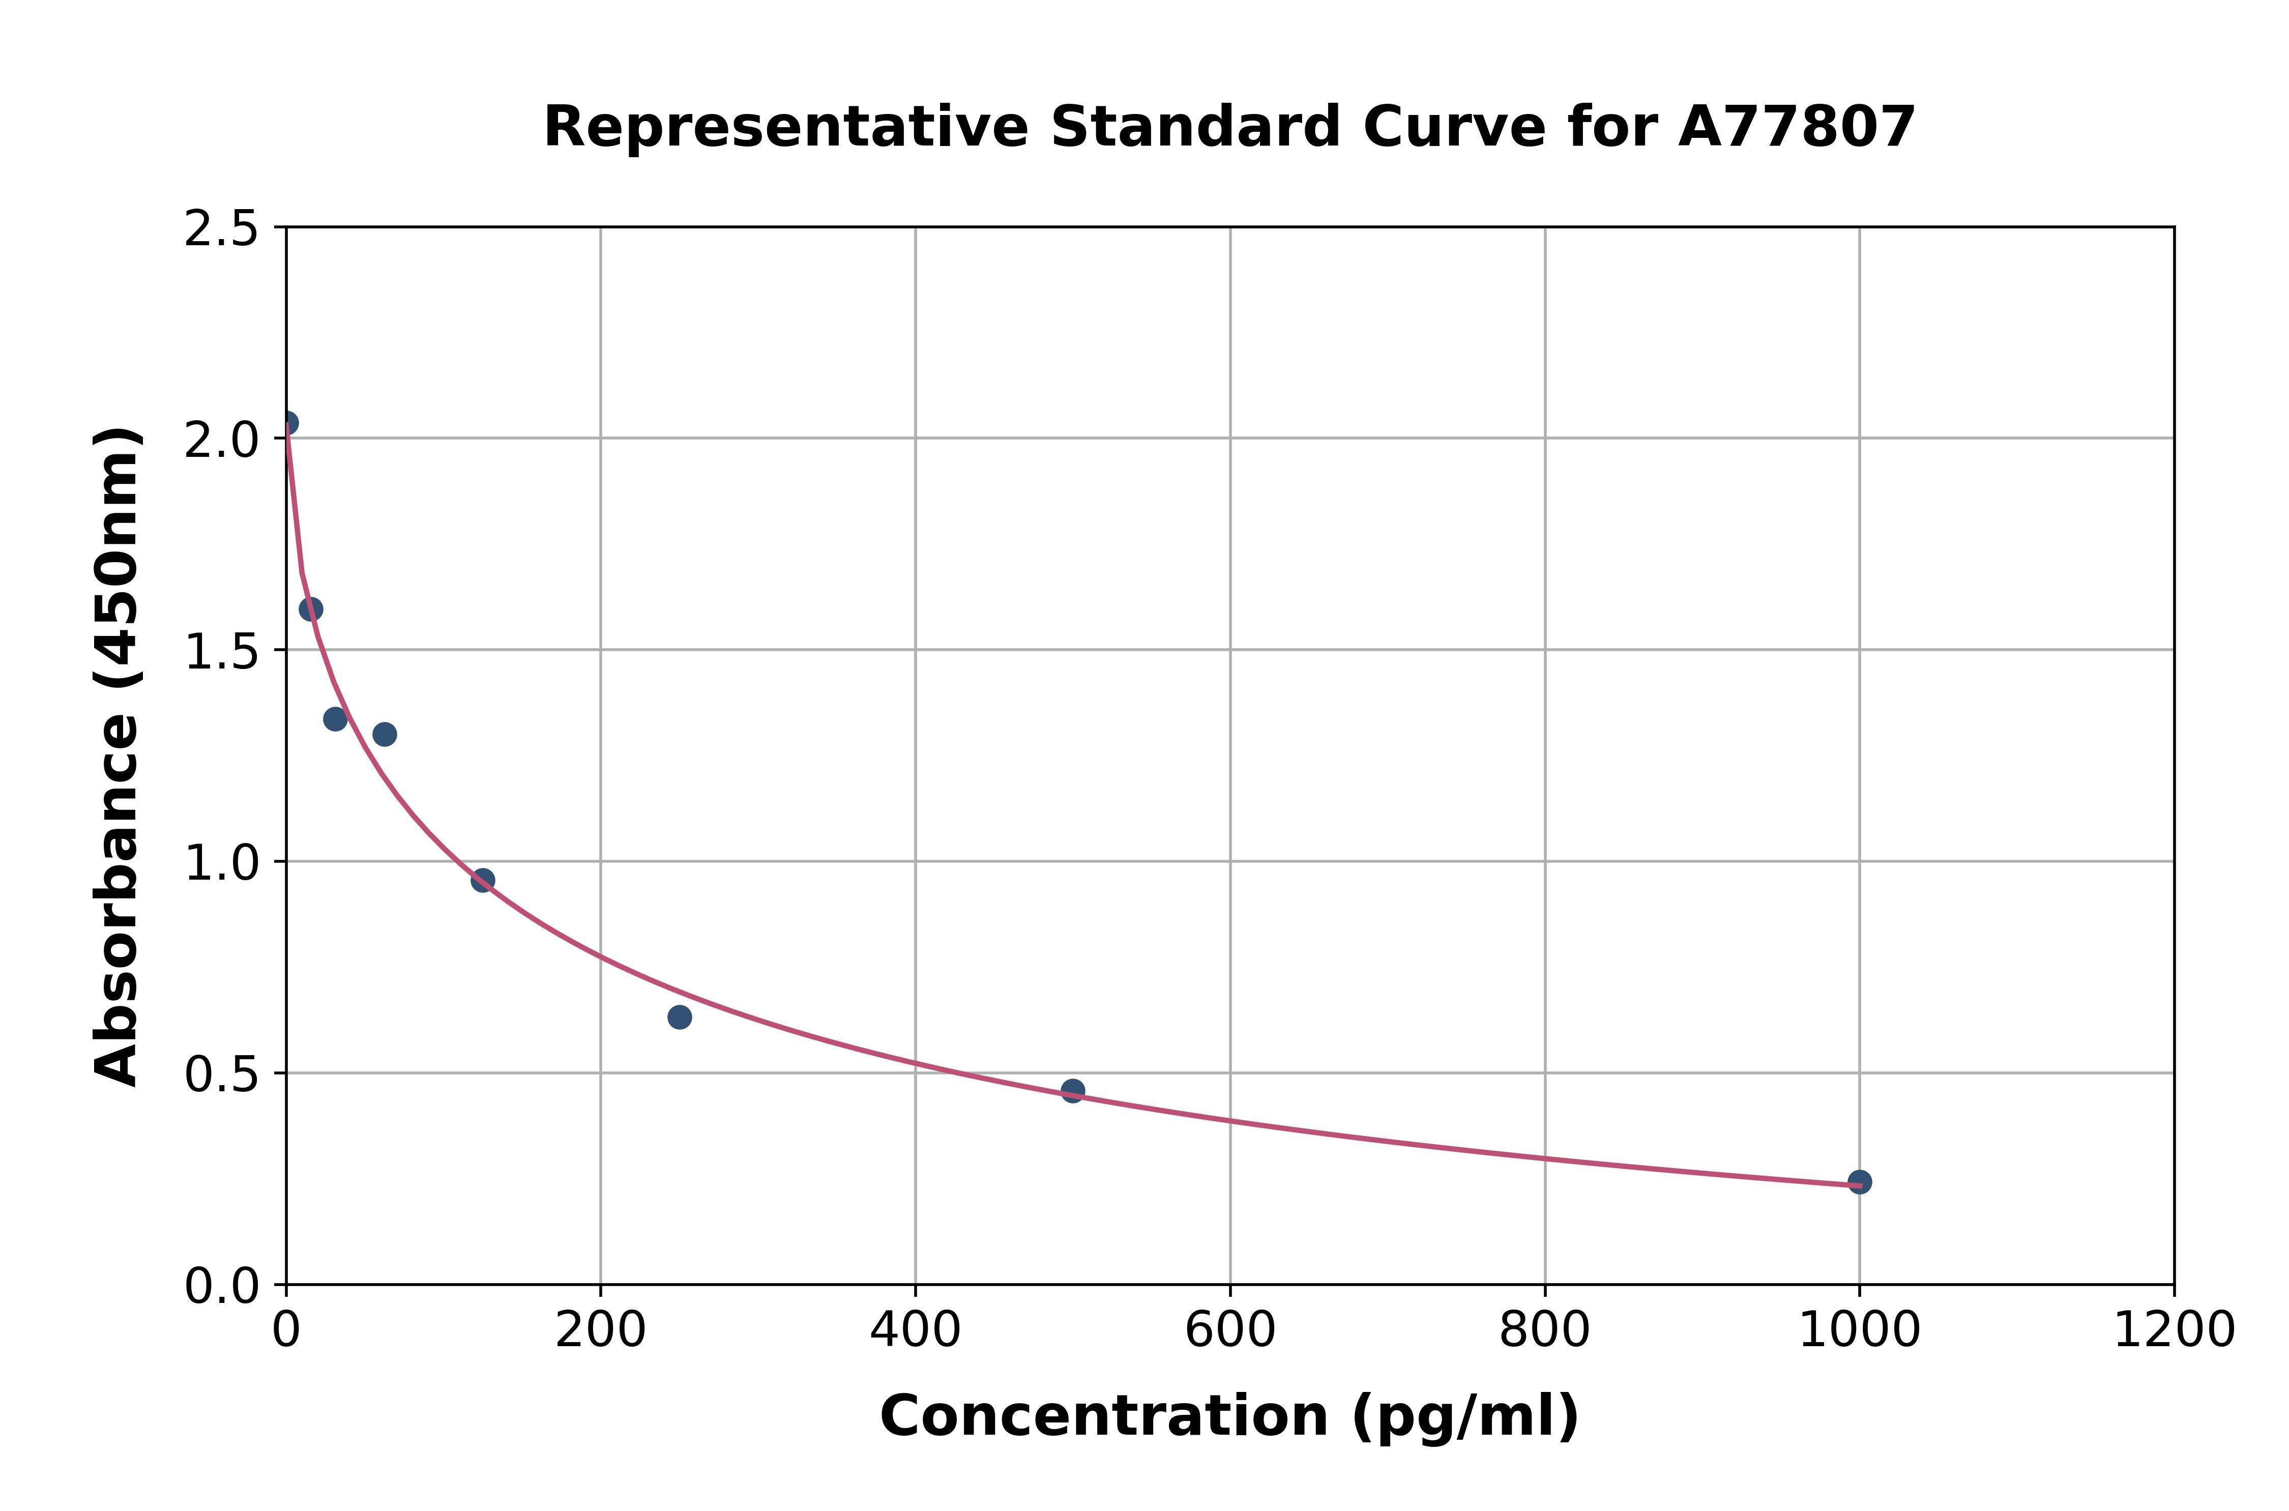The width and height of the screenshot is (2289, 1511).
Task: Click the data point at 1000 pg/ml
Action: pyautogui.click(x=1859, y=1181)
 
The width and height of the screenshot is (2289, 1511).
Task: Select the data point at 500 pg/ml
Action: pyautogui.click(x=1072, y=1090)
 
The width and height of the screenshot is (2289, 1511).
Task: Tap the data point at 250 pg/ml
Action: pyautogui.click(x=679, y=1016)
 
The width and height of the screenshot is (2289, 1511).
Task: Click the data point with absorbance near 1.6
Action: pyautogui.click(x=310, y=609)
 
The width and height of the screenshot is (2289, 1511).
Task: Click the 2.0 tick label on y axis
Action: pyautogui.click(x=222, y=441)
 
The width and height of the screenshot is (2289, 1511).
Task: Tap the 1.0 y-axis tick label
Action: pyautogui.click(x=222, y=863)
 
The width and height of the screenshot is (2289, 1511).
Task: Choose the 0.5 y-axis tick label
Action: pyautogui.click(x=222, y=1074)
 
